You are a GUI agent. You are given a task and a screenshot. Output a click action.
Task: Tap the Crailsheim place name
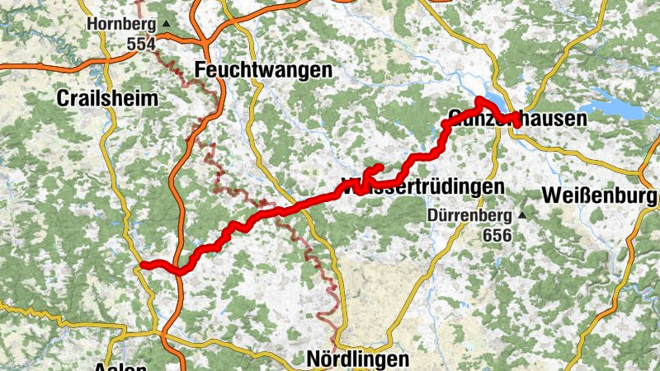pyautogui.click(x=107, y=98)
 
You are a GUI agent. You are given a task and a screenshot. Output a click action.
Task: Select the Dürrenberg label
pyautogui.click(x=470, y=217)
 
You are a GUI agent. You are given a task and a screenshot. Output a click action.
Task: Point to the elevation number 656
pyautogui.click(x=497, y=235)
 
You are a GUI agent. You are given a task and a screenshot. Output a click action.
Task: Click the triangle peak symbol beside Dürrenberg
pyautogui.click(x=521, y=217)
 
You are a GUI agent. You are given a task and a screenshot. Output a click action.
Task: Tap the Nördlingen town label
pyautogui.click(x=357, y=359)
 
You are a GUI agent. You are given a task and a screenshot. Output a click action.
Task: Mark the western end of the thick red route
pyautogui.click(x=144, y=264)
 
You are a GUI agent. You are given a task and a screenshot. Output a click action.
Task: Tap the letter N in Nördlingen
pyautogui.click(x=313, y=359)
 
